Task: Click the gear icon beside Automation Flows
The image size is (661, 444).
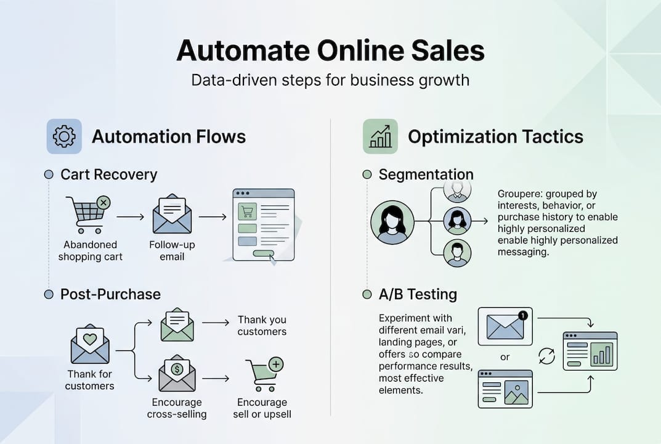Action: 64,136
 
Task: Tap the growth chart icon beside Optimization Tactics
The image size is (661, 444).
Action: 380,136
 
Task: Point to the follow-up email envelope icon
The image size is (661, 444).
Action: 172,214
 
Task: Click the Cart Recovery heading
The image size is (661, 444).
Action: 108,175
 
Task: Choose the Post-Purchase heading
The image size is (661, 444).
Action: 110,294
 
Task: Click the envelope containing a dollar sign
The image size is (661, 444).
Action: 177,374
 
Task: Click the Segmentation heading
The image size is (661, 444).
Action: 426,175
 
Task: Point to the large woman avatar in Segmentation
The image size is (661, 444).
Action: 392,222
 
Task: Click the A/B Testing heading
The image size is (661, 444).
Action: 418,294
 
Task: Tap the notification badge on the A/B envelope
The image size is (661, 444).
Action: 523,315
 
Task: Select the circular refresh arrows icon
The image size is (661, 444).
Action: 546,356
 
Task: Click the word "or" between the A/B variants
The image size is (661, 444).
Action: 505,357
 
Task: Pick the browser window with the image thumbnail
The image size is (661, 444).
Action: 505,388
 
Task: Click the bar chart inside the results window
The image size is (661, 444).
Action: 601,355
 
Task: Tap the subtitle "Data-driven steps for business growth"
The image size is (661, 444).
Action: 330,80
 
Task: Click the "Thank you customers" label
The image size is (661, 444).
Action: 262,326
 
